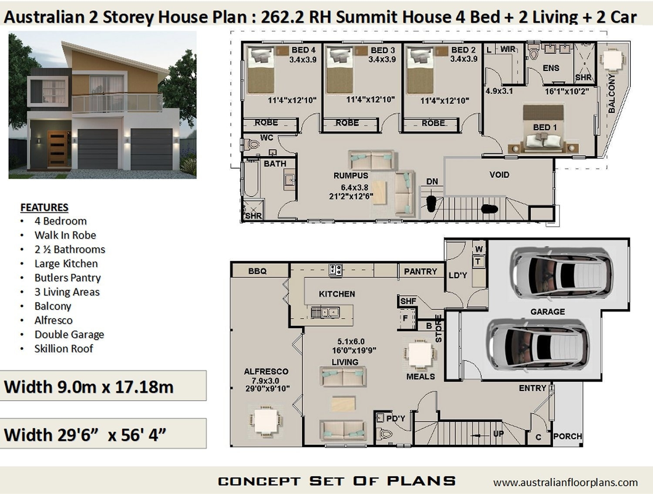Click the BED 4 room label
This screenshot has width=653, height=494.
point(303,50)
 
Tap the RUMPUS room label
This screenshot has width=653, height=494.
point(350,175)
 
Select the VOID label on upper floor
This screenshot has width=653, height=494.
point(499,175)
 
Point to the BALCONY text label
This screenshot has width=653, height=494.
point(612,94)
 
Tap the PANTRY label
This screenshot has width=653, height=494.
point(420,271)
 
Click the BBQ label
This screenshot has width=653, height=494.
point(257,271)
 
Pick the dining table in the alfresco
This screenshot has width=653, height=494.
point(266,420)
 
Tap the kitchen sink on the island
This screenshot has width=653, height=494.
point(325,312)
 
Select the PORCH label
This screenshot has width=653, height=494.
point(567,436)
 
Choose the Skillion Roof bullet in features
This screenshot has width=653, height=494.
point(64,349)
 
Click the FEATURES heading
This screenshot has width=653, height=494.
point(44,207)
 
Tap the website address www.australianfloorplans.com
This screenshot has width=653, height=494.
point(565,482)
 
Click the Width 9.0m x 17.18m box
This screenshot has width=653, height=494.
point(103,386)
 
